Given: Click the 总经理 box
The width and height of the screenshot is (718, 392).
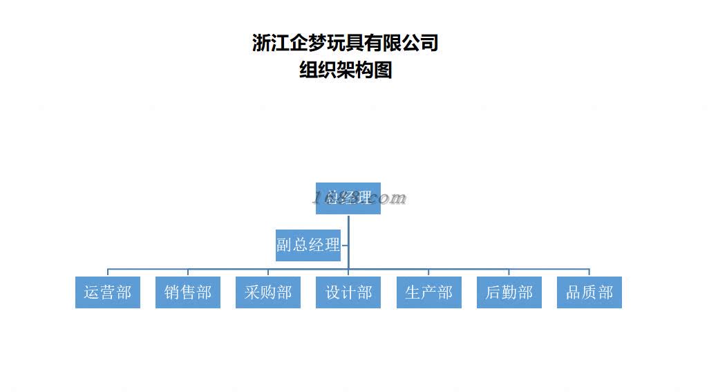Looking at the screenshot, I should pos(348,198).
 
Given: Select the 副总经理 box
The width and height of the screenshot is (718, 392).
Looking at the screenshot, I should pos(308,245).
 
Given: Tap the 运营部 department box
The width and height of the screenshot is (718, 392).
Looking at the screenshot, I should pos(107,292).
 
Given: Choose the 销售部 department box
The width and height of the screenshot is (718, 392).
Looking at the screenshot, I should pos(187,292).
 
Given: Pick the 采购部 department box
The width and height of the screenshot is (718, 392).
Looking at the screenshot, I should pos(267,292).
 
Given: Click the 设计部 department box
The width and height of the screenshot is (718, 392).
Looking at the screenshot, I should pos(348,292).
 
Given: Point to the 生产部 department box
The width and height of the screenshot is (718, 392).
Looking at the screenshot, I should pos(428,292).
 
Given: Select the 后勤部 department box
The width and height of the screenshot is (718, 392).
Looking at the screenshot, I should pos(509,292).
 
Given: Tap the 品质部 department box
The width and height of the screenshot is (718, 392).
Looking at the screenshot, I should pos(589,292).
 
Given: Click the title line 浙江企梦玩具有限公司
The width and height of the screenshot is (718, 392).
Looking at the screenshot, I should pos(345,43).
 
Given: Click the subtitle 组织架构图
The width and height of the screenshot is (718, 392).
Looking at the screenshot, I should pos(345,70).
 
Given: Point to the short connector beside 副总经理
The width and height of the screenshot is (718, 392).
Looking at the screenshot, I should pos(344,245).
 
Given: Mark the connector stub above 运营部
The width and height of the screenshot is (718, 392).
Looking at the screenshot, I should pos(107,272).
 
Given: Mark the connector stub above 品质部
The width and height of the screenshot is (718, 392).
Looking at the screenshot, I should pos(589,272).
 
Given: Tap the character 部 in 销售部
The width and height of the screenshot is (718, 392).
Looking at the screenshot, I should pos(204,292).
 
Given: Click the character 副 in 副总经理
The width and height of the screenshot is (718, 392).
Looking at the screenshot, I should pos(284,245).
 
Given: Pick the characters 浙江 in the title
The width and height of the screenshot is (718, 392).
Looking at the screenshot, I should pos(270,43).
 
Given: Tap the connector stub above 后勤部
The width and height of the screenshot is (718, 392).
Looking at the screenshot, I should pos(509,272).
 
